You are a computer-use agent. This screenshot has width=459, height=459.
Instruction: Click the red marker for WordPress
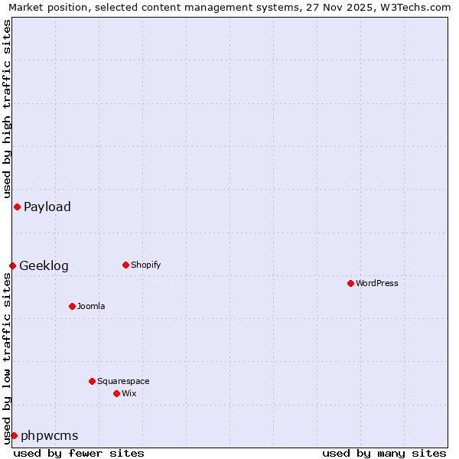tap(350, 283)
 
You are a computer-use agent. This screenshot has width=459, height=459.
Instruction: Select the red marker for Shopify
tap(125, 265)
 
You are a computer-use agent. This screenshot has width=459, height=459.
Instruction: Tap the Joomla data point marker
tap(72, 306)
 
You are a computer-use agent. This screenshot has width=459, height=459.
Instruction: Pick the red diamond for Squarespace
tap(92, 381)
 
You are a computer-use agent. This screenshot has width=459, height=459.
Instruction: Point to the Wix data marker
tap(116, 393)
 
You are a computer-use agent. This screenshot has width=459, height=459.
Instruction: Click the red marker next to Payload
tap(17, 207)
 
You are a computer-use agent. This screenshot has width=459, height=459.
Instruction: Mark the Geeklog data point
tap(12, 265)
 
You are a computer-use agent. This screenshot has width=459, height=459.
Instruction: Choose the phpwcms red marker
tap(14, 435)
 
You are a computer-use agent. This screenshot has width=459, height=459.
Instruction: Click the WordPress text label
tap(377, 283)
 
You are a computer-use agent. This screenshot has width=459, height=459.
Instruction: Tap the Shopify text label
tap(145, 265)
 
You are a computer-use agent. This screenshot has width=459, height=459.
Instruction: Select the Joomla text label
tap(91, 306)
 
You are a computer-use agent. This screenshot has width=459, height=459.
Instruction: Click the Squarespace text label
tap(123, 381)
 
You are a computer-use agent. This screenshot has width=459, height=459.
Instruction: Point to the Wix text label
tap(129, 393)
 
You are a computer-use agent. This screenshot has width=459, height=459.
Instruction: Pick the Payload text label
tap(47, 207)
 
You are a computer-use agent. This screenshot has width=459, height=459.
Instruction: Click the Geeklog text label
tap(44, 265)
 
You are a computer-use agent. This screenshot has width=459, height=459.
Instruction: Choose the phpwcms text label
tap(49, 435)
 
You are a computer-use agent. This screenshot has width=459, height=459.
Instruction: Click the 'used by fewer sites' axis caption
tap(79, 453)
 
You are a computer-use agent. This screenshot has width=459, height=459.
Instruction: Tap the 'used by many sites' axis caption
tap(384, 453)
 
